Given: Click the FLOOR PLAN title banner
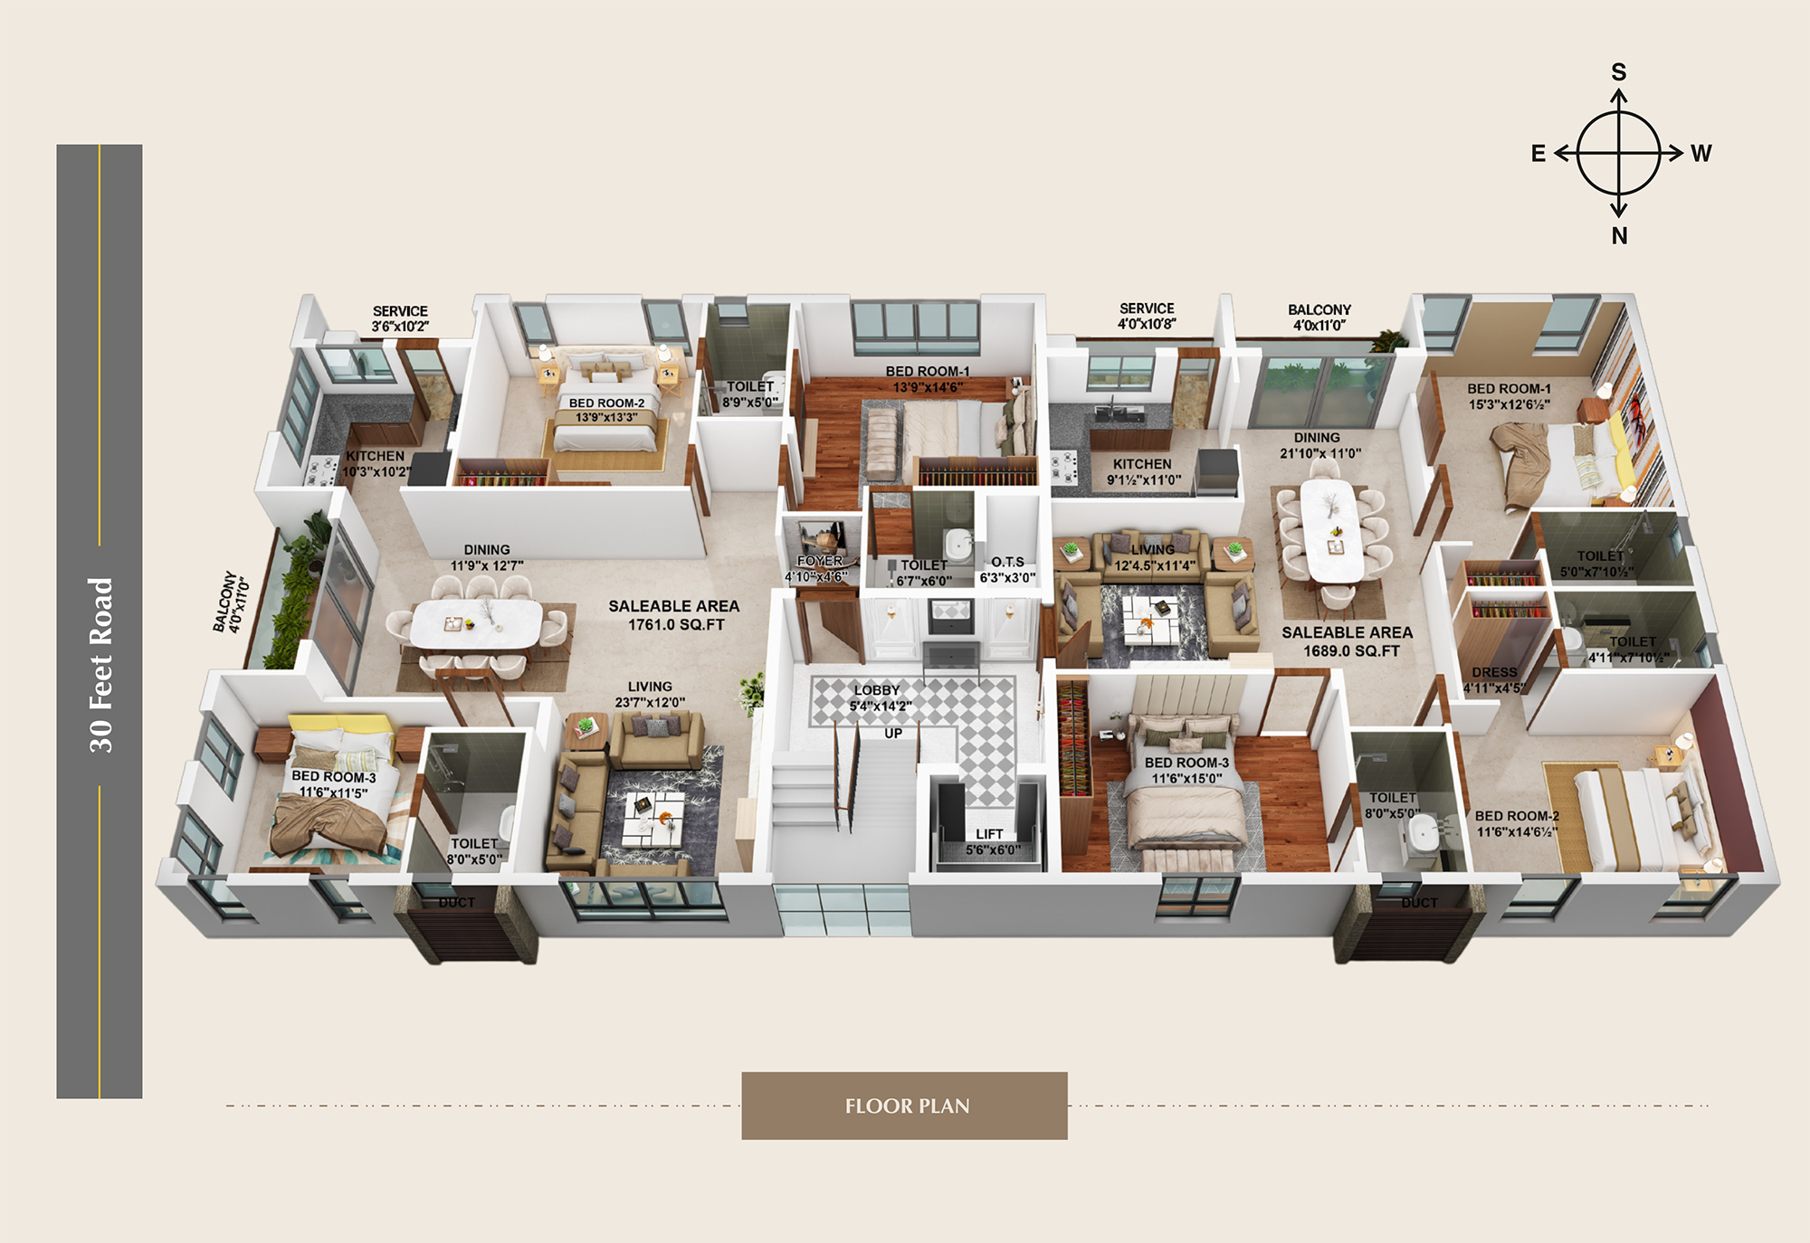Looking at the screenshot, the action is (904, 1105).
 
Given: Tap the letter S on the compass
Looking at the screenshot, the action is (1618, 72).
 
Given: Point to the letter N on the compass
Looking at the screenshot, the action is (1619, 236).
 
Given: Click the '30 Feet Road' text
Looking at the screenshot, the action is (100, 665).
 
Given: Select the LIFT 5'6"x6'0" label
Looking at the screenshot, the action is (992, 842).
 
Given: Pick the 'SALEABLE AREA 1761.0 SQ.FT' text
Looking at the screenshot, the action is (674, 615).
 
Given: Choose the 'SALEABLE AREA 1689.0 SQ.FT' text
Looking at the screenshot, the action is (1347, 641).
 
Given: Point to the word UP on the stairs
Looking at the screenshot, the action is (893, 734).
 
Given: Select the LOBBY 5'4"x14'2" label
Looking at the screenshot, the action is (879, 697).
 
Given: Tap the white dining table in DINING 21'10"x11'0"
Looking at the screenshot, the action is (1331, 529).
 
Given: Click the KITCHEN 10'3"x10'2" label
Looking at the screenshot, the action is (376, 464).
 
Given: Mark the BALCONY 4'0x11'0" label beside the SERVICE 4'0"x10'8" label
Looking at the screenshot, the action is (1319, 318).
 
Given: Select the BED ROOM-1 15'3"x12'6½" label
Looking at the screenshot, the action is (1509, 396).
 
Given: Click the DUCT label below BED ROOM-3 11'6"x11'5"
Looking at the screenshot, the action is (456, 902).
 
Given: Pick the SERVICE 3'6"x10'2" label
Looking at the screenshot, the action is (400, 318).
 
